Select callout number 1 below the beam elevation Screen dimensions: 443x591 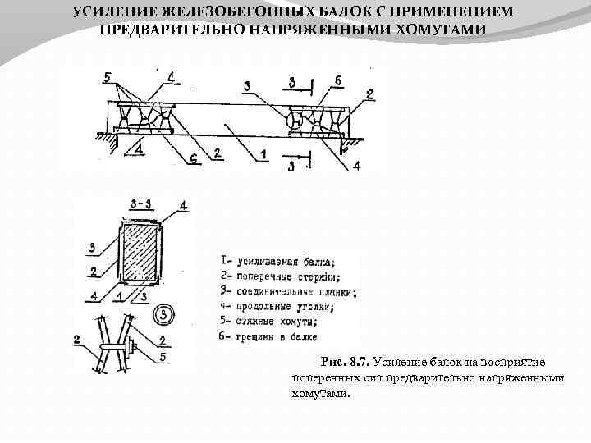point(263,153)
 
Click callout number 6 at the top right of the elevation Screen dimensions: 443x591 point(337,80)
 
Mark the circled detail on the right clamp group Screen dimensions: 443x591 point(294,121)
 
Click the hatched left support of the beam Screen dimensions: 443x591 point(107,139)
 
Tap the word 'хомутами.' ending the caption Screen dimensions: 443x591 point(320,393)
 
